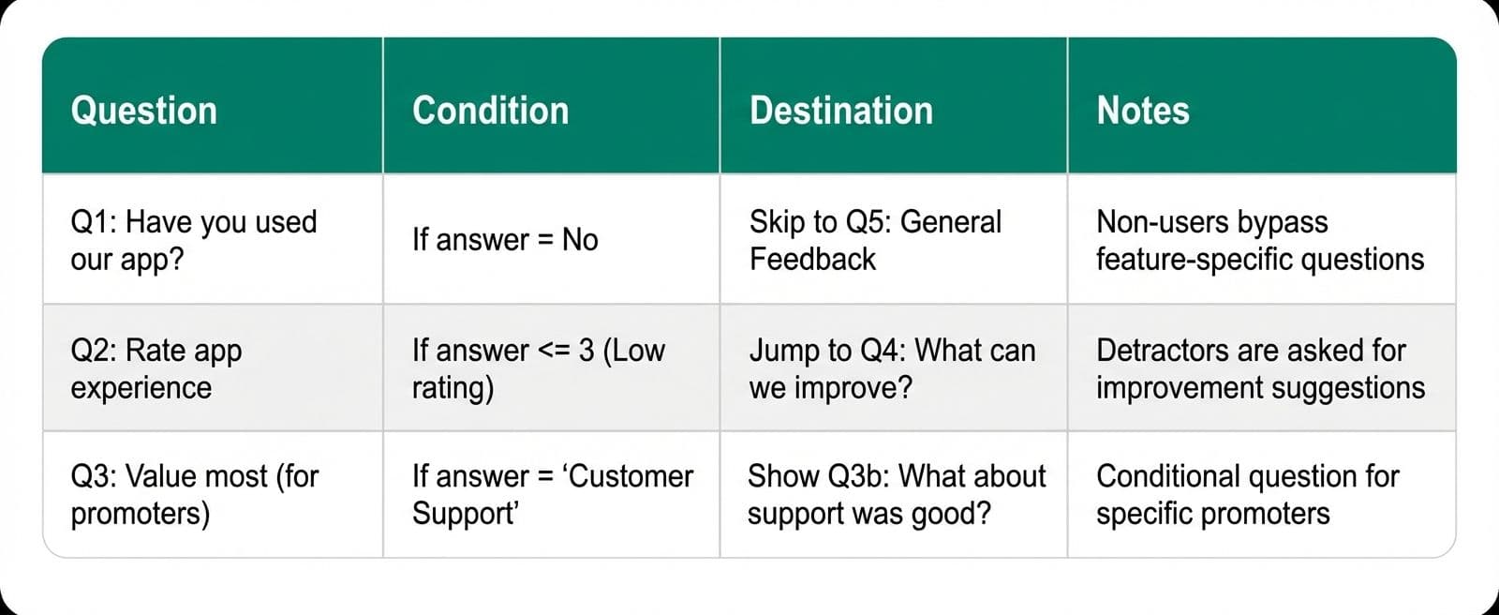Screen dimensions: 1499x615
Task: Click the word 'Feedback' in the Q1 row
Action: click(x=812, y=260)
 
